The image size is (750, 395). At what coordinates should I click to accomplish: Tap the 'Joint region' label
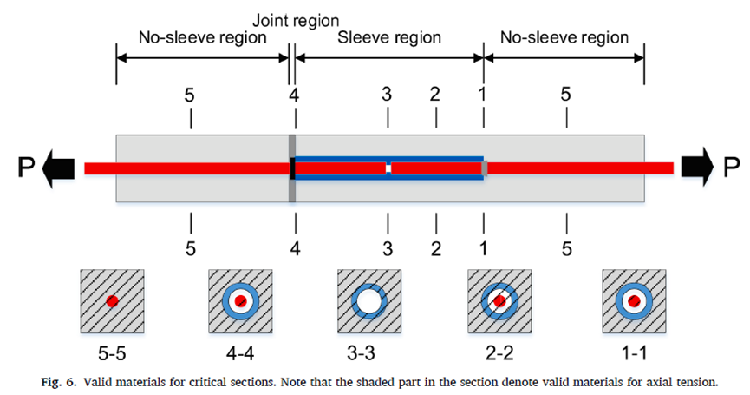pyautogui.click(x=296, y=19)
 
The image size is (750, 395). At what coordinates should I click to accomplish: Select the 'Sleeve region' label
pyautogui.click(x=389, y=38)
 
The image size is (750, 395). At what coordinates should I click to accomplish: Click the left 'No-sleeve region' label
pyautogui.click(x=201, y=38)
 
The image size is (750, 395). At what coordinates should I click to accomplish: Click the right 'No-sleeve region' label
pyautogui.click(x=564, y=38)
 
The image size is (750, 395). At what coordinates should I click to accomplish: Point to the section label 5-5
pyautogui.click(x=112, y=354)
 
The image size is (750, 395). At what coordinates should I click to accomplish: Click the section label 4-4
pyautogui.click(x=241, y=354)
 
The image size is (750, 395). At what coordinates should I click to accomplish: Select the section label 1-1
pyautogui.click(x=634, y=354)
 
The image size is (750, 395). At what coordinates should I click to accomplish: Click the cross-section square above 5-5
pyautogui.click(x=112, y=301)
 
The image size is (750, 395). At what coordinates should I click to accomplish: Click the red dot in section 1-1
pyautogui.click(x=634, y=301)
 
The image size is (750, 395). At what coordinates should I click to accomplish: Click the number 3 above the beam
pyautogui.click(x=388, y=94)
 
